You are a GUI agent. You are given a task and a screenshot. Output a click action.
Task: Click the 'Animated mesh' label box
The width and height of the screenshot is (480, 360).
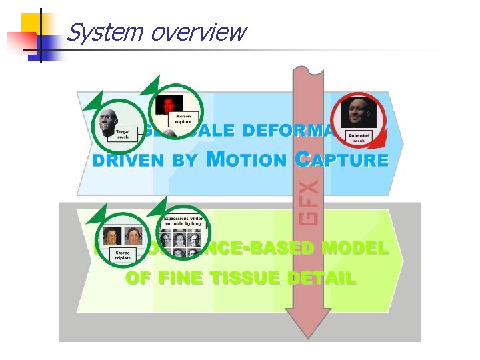[x=359, y=136]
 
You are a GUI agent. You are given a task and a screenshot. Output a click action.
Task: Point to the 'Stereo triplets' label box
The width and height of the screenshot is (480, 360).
[x=123, y=254]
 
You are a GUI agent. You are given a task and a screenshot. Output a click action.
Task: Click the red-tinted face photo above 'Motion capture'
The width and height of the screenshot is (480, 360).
[x=167, y=103]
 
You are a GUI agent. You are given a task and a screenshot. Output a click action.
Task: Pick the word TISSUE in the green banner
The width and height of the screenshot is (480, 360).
[x=247, y=279]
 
